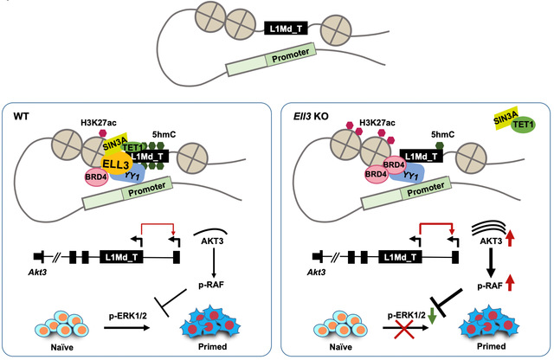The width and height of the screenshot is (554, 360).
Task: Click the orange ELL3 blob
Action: [117, 164]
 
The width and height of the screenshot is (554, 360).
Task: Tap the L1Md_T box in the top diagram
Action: [286, 29]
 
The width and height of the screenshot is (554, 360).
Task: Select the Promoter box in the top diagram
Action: [271, 60]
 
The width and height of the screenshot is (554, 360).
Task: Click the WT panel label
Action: [21, 116]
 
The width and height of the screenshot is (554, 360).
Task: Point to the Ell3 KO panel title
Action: [311, 116]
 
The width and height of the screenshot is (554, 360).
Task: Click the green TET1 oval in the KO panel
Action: [524, 125]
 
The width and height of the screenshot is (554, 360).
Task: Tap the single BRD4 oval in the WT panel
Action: [96, 177]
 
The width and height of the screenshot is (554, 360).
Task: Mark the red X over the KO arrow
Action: [404, 329]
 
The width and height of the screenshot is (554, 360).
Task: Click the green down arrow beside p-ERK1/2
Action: [431, 316]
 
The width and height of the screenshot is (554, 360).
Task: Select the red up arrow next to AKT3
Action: [510, 239]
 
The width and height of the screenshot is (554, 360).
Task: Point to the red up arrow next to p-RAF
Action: [510, 283]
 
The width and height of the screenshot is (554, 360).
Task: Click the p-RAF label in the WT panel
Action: [211, 285]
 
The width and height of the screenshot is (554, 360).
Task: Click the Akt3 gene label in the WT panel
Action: [37, 272]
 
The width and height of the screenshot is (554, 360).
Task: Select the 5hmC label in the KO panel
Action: [442, 135]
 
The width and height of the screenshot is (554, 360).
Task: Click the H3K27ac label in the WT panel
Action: [99, 123]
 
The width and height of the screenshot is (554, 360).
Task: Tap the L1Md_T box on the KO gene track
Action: [400, 257]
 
